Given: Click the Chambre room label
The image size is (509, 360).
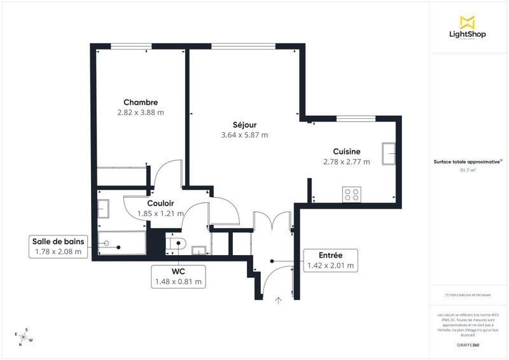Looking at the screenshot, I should pos(141,102).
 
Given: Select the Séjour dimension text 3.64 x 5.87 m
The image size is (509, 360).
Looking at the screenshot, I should pos(244,135).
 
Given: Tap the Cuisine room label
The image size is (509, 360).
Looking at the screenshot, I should pos(347,151).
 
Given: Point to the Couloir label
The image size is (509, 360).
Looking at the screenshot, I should pos(161,203).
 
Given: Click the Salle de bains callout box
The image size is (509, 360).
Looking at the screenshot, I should pos(58,246).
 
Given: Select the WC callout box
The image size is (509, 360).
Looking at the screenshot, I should pos(178,276).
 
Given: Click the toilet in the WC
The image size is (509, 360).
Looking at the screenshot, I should pos(177,242).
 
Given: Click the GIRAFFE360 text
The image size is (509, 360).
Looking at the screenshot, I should pos(468,343).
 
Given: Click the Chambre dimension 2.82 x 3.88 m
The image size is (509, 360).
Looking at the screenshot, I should pos(141,113).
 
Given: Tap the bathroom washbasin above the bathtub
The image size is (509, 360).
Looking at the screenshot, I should pos(104,209).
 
